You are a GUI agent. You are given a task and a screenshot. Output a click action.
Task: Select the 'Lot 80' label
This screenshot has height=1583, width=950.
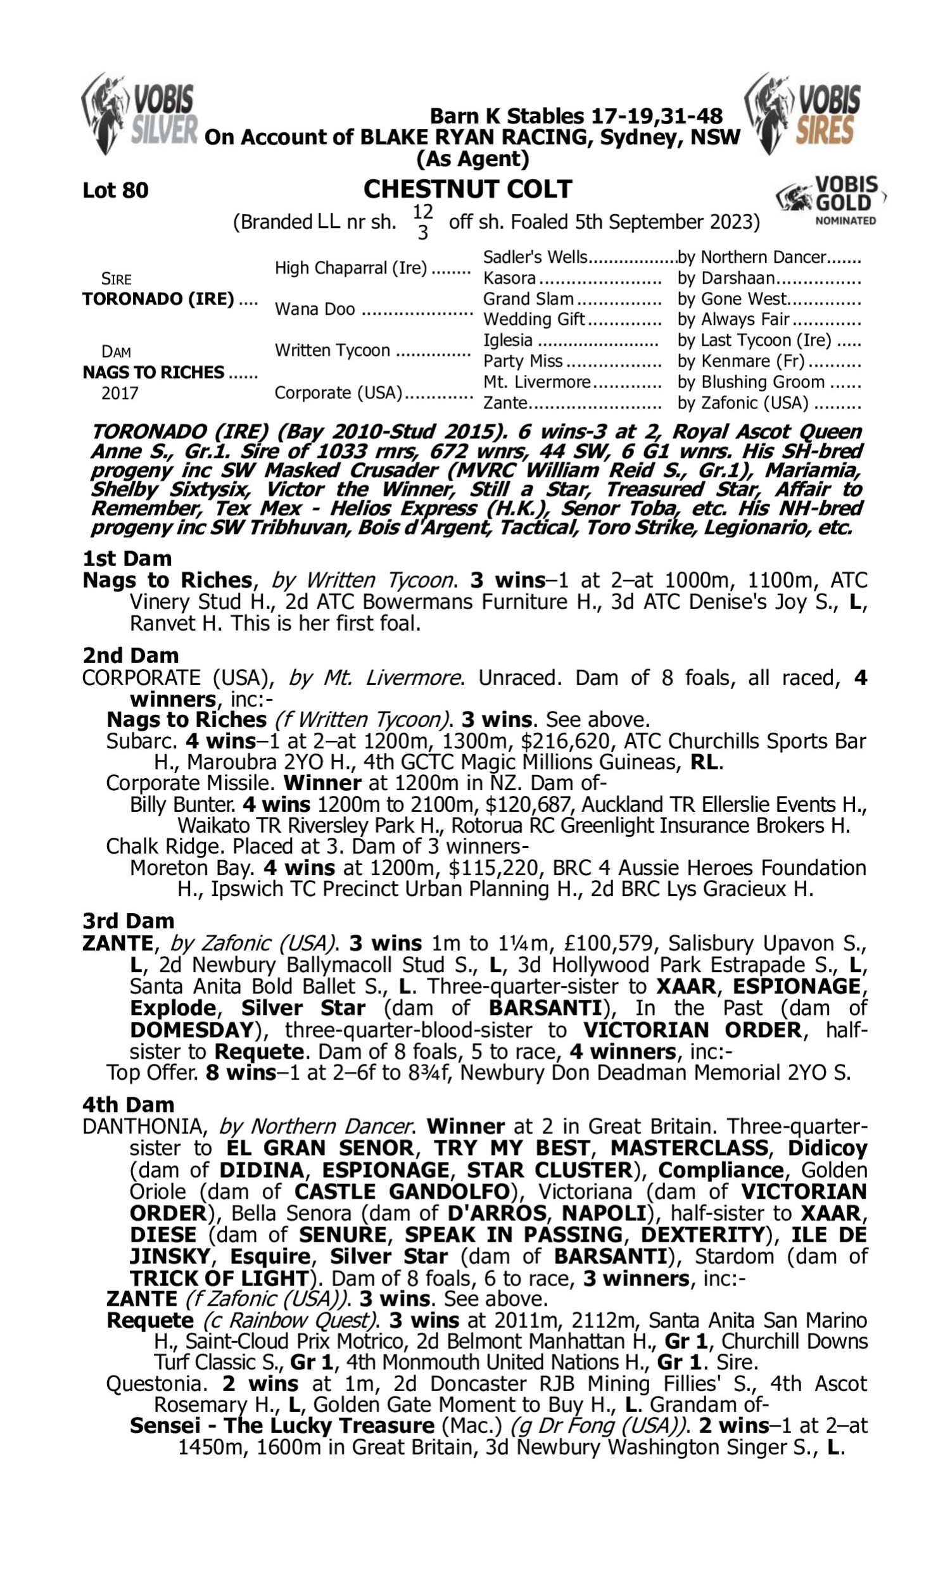(115, 190)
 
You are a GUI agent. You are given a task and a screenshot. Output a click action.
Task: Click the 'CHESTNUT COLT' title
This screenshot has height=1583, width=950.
(467, 189)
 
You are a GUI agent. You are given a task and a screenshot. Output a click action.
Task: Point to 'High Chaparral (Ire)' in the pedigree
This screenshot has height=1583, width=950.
(350, 267)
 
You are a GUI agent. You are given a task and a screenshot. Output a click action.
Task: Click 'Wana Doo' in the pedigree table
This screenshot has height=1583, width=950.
(314, 309)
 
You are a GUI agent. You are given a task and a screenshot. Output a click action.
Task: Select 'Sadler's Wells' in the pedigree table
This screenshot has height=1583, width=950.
(535, 257)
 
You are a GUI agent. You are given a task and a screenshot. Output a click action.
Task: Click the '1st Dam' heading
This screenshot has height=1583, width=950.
(127, 558)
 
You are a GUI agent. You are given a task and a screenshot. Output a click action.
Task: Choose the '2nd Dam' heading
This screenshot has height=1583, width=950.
(130, 655)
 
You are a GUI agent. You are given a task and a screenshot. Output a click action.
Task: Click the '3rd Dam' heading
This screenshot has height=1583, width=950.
(128, 921)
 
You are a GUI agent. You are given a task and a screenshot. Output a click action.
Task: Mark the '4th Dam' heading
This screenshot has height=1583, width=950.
(128, 1104)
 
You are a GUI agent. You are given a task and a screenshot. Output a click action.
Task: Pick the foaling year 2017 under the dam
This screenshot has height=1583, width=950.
(120, 393)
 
